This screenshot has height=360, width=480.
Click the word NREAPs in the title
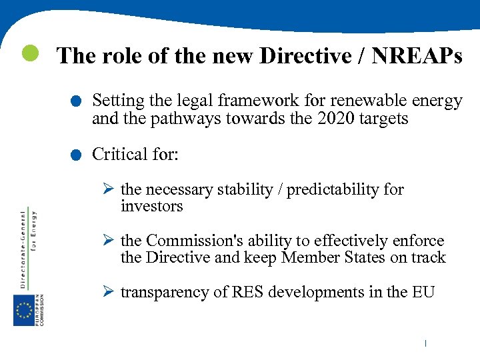pyautogui.click(x=417, y=56)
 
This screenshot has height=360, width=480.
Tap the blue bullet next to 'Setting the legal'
pyautogui.click(x=78, y=102)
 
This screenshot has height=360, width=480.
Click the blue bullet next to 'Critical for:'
pyautogui.click(x=78, y=156)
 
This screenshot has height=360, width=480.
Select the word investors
pyautogui.click(x=151, y=207)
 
